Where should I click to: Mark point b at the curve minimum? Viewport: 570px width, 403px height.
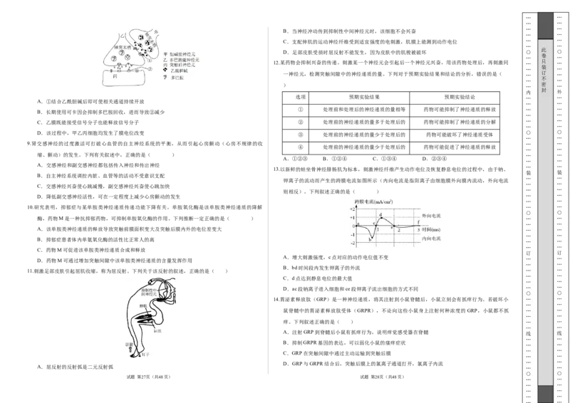(x=370, y=240)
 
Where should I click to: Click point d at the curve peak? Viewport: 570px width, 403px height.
(x=381, y=214)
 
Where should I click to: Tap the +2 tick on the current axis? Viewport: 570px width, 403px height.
(x=352, y=210)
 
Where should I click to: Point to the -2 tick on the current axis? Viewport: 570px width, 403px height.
(x=352, y=243)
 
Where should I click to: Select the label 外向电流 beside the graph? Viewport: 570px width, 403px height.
(x=432, y=215)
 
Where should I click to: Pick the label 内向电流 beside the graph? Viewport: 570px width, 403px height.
(x=432, y=239)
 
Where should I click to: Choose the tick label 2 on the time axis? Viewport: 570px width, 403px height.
(x=399, y=231)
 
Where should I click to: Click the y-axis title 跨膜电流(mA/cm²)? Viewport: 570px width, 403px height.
(x=373, y=202)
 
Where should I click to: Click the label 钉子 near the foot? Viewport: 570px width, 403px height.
(x=147, y=354)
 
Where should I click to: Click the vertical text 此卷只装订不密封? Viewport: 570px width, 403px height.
(x=544, y=71)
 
